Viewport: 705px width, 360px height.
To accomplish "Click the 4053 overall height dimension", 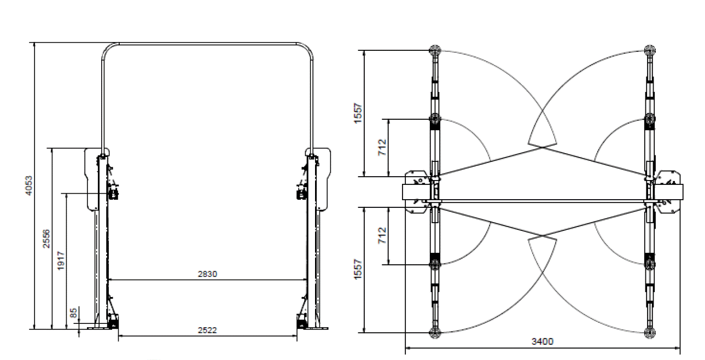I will coord(29,186).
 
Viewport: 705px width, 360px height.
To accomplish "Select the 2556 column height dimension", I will coord(47,239).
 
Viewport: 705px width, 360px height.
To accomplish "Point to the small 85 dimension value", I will coord(74,313).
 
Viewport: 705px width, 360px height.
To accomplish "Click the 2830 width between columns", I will coord(207,274).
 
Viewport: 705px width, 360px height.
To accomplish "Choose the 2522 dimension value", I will coord(207,330).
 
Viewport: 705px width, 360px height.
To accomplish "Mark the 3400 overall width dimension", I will coord(542,341).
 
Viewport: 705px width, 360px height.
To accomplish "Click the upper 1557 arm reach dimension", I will coord(358,113).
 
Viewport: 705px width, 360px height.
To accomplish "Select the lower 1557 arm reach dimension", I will coord(358,270).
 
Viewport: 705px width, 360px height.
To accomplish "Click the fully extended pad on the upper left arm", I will coord(435,51).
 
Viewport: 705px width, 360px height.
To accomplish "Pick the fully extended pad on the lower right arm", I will coord(650,332).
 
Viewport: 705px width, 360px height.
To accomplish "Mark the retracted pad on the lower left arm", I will coord(435,264).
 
